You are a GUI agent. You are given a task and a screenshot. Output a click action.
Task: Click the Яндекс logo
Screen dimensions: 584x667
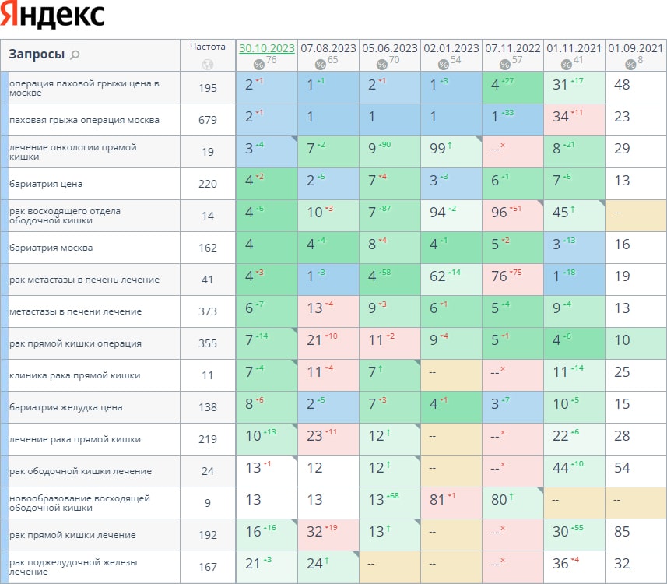click(x=53, y=16)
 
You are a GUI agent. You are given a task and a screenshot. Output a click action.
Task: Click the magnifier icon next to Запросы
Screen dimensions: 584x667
click(x=75, y=55)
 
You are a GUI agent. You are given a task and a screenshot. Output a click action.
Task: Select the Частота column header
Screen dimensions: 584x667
click(x=208, y=47)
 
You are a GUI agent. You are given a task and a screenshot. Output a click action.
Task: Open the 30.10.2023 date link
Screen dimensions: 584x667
click(x=267, y=48)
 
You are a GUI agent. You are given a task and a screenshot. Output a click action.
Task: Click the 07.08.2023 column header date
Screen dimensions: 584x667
click(x=328, y=48)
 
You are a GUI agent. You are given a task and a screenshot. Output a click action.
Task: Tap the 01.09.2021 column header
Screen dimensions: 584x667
click(x=636, y=48)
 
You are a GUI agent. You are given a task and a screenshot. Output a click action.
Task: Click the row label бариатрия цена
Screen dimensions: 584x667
click(x=46, y=184)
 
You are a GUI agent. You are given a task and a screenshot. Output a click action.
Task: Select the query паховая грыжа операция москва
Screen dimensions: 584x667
click(x=84, y=120)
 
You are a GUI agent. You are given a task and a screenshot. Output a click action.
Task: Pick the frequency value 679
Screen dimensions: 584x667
click(x=208, y=120)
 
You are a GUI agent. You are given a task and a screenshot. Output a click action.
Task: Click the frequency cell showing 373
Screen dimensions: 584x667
click(x=208, y=311)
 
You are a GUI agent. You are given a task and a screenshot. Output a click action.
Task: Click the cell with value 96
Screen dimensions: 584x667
click(x=501, y=216)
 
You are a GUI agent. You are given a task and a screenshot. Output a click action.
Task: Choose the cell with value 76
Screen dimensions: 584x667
click(x=501, y=280)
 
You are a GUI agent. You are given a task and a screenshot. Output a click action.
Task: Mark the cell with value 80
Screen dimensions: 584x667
click(x=501, y=503)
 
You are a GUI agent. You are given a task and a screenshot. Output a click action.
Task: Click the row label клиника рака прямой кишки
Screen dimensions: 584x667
click(x=75, y=375)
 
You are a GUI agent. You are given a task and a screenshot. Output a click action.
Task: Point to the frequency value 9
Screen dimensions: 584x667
click(x=208, y=503)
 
